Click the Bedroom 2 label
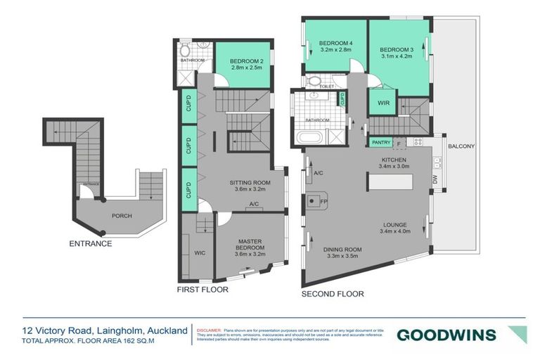click(243, 61)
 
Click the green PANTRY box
click(380, 142)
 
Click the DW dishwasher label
click(435, 180)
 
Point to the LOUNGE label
click(394, 224)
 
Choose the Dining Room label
click(342, 250)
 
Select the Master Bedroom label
click(250, 245)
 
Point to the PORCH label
click(120, 215)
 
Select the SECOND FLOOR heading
click(333, 294)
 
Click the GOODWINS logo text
click(446, 335)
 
